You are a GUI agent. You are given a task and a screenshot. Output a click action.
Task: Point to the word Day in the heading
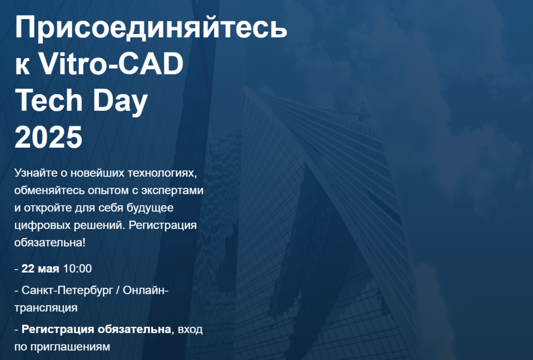pyautogui.click(x=120, y=102)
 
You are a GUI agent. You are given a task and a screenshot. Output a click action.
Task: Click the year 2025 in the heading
pyautogui.click(x=48, y=137)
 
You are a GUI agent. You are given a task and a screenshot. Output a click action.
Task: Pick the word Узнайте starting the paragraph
pyautogui.click(x=36, y=173)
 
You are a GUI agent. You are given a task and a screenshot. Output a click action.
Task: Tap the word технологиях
pyautogui.click(x=162, y=174)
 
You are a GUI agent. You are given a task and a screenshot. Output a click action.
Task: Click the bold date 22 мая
pyautogui.click(x=40, y=268)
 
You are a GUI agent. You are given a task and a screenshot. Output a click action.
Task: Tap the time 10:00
pyautogui.click(x=78, y=268)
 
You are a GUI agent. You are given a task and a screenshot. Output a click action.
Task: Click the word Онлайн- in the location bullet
pyautogui.click(x=146, y=290)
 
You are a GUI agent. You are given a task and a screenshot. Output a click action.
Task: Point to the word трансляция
pyautogui.click(x=46, y=308)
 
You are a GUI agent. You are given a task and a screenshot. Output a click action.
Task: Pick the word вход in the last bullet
pyautogui.click(x=190, y=330)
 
